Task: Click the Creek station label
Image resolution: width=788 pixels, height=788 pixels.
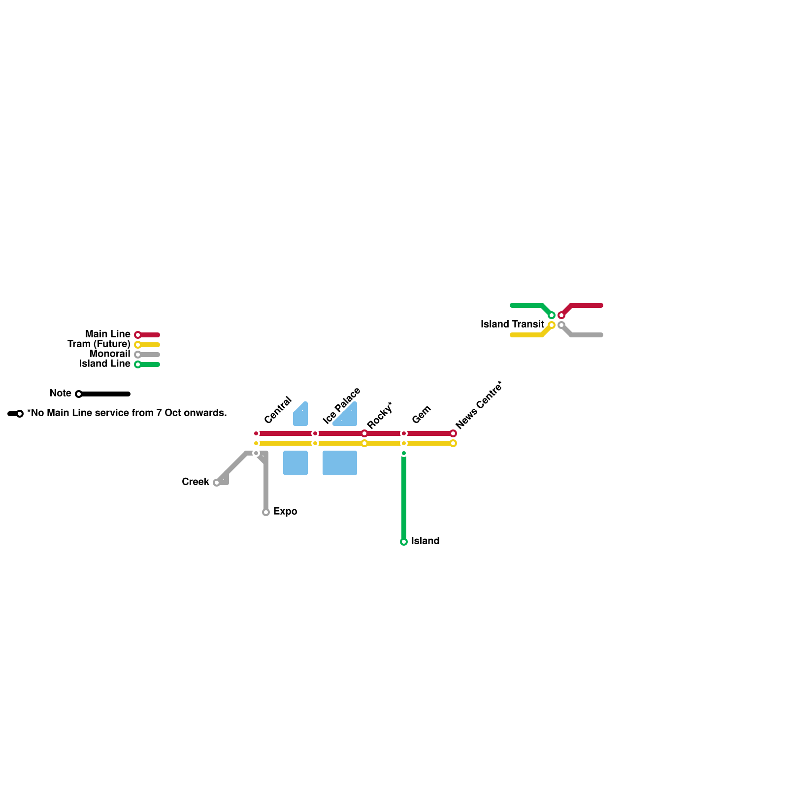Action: point(195,482)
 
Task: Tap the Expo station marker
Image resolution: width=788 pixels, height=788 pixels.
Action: point(266,512)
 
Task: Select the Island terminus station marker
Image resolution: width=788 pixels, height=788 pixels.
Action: point(404,542)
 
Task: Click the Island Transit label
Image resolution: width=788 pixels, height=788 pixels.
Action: point(512,324)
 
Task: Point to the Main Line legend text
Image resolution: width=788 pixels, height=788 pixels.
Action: point(107,334)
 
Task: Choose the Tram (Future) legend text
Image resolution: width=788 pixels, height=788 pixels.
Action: point(98,344)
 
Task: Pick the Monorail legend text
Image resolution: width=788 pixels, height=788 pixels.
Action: point(109,354)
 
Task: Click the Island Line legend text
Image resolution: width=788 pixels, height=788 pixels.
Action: point(104,363)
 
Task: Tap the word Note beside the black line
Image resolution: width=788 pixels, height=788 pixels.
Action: point(61,393)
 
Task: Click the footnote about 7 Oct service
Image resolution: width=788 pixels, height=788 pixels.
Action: point(127,413)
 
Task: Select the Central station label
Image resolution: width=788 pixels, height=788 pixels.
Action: point(278,410)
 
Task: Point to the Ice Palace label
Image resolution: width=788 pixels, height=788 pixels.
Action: point(342,406)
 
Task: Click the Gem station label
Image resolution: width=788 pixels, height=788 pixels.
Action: point(422,415)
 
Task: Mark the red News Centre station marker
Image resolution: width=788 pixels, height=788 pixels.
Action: point(453,433)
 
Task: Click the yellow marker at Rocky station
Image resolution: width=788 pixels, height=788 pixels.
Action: point(364,443)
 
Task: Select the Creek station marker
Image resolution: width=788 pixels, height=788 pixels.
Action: point(217,483)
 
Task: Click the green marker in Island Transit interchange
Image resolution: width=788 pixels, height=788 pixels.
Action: point(552,315)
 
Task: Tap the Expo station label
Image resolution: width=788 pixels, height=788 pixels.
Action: point(285,511)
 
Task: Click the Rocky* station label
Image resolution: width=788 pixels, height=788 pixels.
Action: point(380,415)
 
